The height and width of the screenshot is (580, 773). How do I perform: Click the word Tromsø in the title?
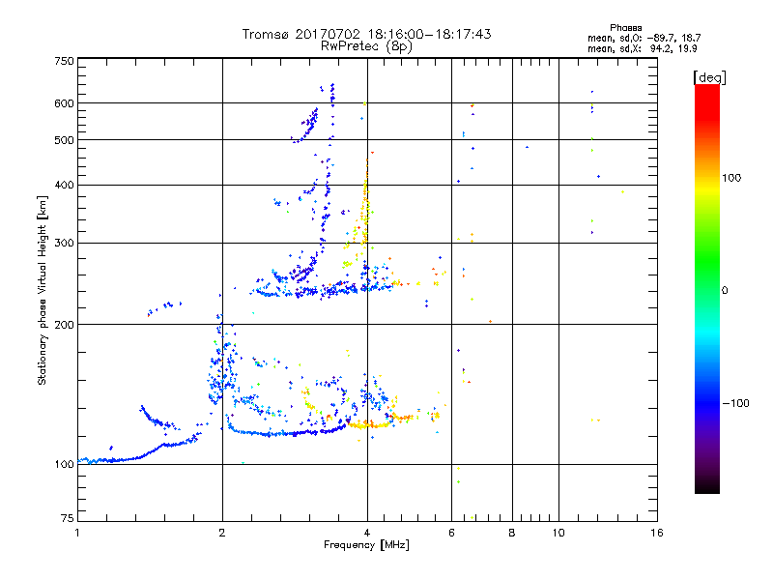[x=266, y=34]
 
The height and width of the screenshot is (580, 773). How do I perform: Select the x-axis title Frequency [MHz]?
[x=366, y=545]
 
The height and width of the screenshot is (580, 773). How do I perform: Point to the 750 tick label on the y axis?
[x=65, y=61]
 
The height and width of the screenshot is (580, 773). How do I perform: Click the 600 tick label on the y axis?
[x=65, y=102]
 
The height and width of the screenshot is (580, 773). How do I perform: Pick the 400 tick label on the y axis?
[x=65, y=185]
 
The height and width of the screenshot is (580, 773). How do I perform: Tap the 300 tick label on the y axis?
[x=65, y=243]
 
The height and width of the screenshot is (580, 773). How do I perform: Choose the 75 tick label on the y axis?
[x=68, y=518]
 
